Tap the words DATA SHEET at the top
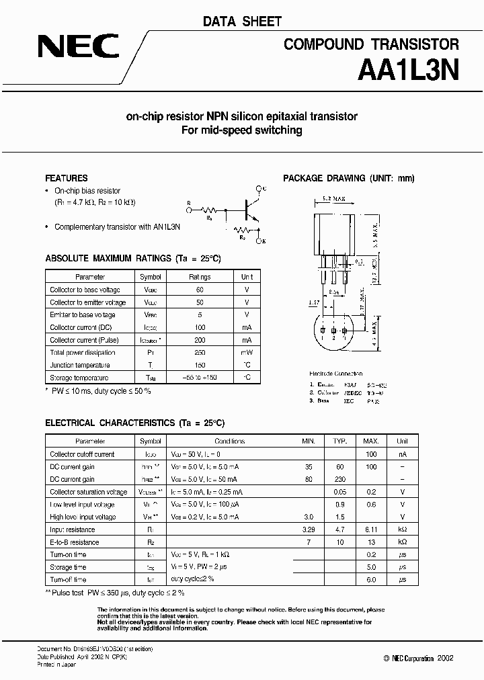(x=241, y=22)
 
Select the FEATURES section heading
(x=66, y=178)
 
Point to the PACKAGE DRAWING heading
(x=348, y=178)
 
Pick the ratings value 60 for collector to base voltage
(x=200, y=290)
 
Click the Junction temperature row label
(x=80, y=365)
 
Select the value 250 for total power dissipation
(x=200, y=352)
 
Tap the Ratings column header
(x=200, y=277)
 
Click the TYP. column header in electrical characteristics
(x=340, y=441)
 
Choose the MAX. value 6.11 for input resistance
(x=371, y=529)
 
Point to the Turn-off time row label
(x=68, y=579)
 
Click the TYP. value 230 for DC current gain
(x=340, y=479)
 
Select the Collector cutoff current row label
(x=82, y=454)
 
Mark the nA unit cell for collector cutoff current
(x=402, y=454)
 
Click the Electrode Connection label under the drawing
(x=335, y=374)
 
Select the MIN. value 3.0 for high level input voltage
(x=309, y=517)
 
